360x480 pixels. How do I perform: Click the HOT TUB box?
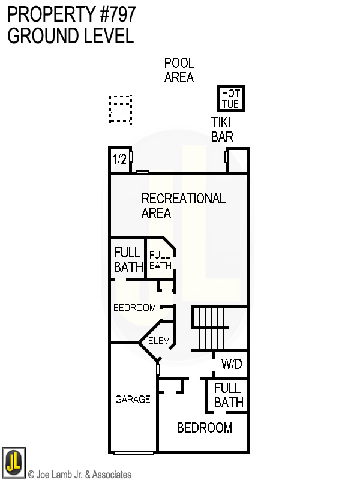[230, 98]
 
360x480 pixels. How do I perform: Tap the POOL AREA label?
[179, 70]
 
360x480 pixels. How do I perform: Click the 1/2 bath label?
[119, 160]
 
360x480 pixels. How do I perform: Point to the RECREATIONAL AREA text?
[182, 205]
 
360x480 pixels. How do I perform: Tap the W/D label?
[231, 364]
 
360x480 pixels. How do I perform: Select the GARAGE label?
[133, 399]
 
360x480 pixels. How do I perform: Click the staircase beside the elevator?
[209, 327]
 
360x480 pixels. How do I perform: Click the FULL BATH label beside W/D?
[228, 395]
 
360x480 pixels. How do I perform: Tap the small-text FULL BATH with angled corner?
[160, 260]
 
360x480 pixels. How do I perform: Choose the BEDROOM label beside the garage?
[204, 428]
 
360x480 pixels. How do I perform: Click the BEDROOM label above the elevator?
[134, 308]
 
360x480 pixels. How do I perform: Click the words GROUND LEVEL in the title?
[70, 36]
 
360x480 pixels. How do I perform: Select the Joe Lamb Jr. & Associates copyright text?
[80, 475]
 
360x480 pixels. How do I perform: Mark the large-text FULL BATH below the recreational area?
[128, 259]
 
